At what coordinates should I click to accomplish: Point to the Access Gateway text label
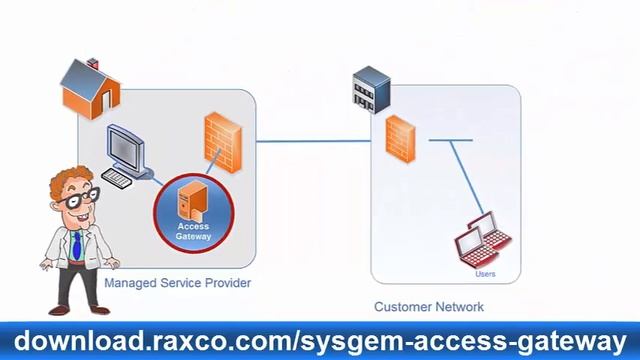click(x=193, y=231)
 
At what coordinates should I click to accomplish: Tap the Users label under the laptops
click(x=485, y=274)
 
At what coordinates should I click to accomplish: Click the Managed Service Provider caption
click(x=177, y=284)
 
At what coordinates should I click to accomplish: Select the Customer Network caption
click(x=428, y=307)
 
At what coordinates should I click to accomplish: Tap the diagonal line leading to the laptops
click(x=461, y=180)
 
